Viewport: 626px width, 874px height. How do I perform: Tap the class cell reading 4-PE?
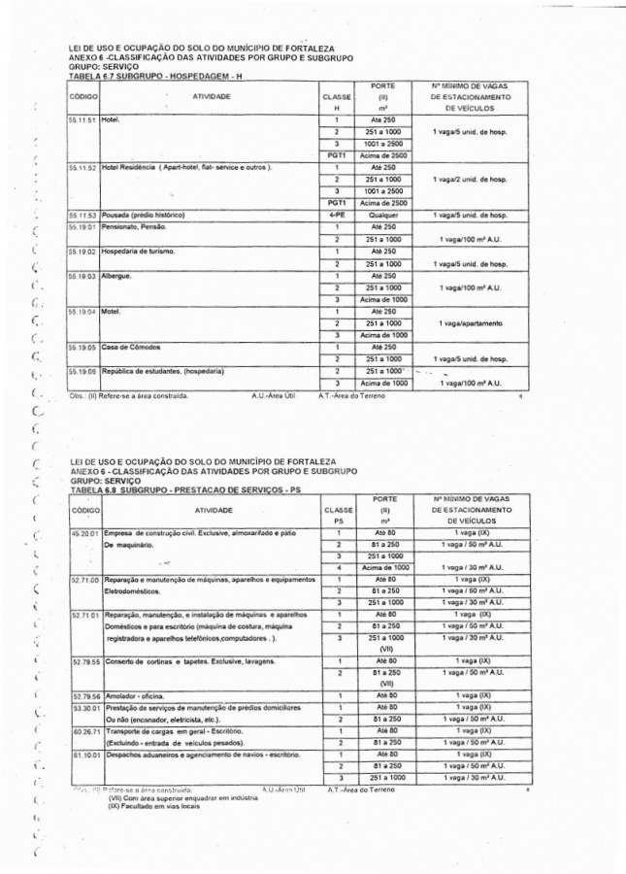(336, 215)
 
